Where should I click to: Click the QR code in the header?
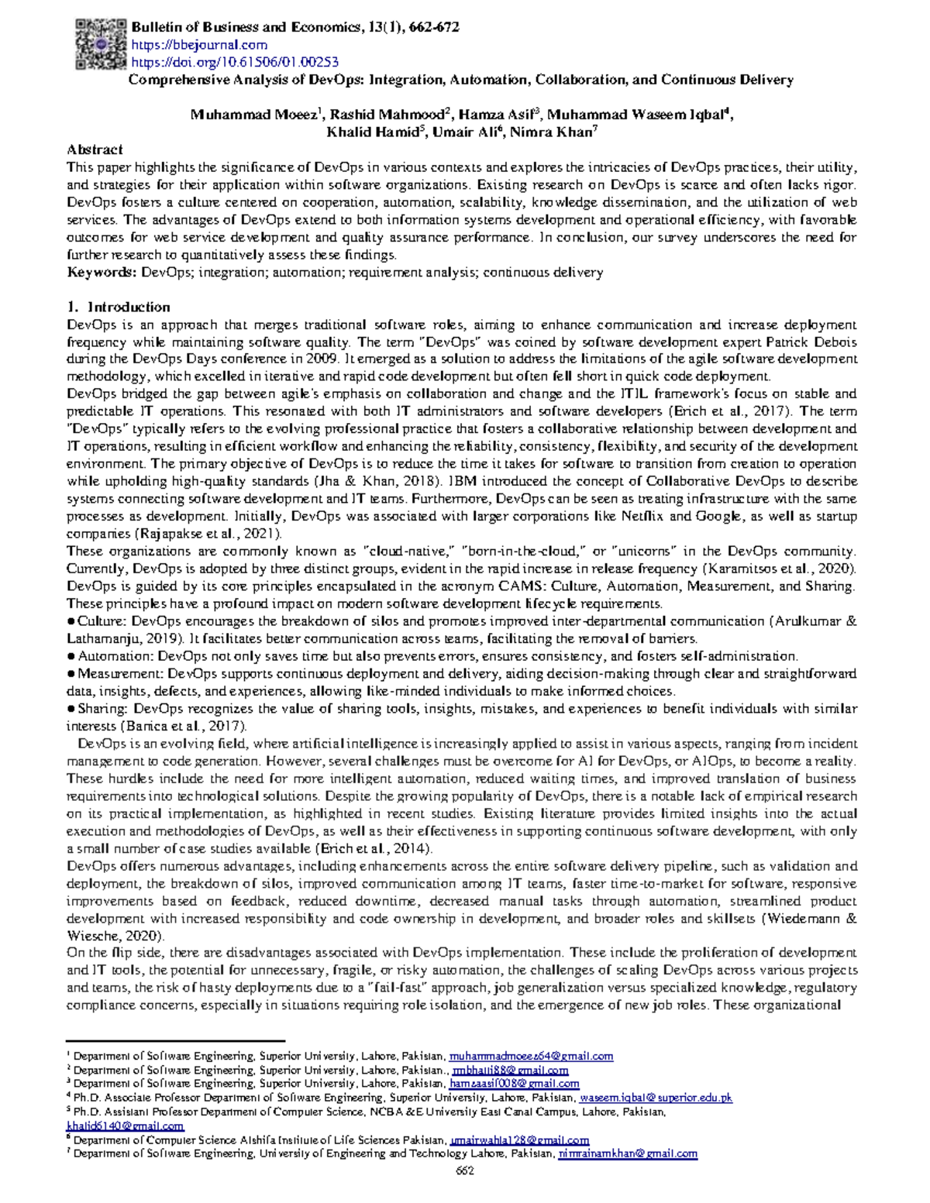(100, 45)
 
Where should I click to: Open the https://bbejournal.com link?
(199, 45)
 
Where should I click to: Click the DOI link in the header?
(235, 62)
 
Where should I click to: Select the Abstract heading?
(95, 150)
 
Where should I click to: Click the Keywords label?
(102, 272)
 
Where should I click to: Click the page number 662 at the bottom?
(464, 1170)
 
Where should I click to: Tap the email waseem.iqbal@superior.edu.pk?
(656, 1098)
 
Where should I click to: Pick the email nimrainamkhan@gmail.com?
(628, 1153)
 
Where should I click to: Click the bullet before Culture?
(71, 621)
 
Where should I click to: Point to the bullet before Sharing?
(71, 709)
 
